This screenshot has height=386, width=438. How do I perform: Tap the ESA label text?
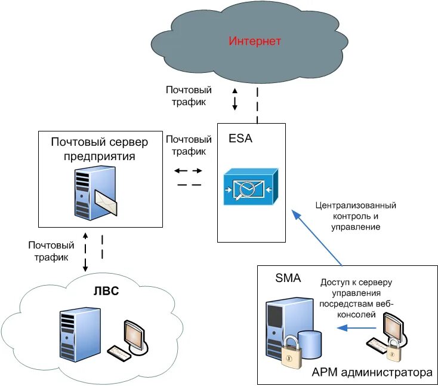(x=240, y=139)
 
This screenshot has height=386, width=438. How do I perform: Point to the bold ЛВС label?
(x=107, y=292)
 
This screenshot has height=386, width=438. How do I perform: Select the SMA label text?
(x=288, y=278)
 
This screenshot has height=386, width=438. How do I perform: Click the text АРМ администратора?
(x=372, y=373)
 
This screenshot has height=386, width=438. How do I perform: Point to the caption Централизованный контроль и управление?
(x=356, y=216)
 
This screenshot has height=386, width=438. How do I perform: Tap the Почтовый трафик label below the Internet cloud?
(x=188, y=96)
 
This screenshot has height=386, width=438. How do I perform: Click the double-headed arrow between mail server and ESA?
(x=189, y=171)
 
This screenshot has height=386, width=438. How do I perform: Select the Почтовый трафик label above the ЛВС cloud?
(x=51, y=251)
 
